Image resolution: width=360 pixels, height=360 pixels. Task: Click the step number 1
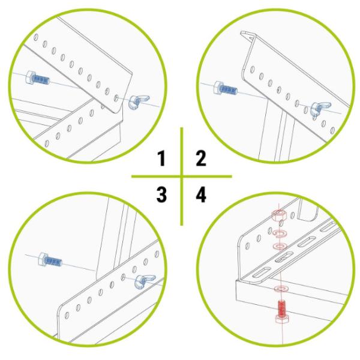point(161,158)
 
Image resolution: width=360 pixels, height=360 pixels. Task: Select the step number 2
point(201,158)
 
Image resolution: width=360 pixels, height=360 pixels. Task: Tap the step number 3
point(161,194)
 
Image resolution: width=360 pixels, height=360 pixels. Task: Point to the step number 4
point(201,194)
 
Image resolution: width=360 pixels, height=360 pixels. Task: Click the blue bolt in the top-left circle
point(38,78)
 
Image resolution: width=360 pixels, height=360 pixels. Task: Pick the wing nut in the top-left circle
point(139,101)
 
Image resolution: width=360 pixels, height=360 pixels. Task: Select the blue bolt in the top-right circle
point(226,88)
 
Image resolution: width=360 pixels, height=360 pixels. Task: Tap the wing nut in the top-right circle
point(320,109)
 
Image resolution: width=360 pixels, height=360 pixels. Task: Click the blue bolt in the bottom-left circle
point(50,260)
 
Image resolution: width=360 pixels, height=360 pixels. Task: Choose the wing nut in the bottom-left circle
point(145,281)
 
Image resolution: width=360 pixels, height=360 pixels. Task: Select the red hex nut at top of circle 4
point(279,215)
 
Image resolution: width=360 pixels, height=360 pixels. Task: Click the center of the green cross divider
point(182,176)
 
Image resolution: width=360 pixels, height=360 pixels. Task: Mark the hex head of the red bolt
point(282,320)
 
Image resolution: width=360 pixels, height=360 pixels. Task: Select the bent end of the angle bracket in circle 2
point(247,34)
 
